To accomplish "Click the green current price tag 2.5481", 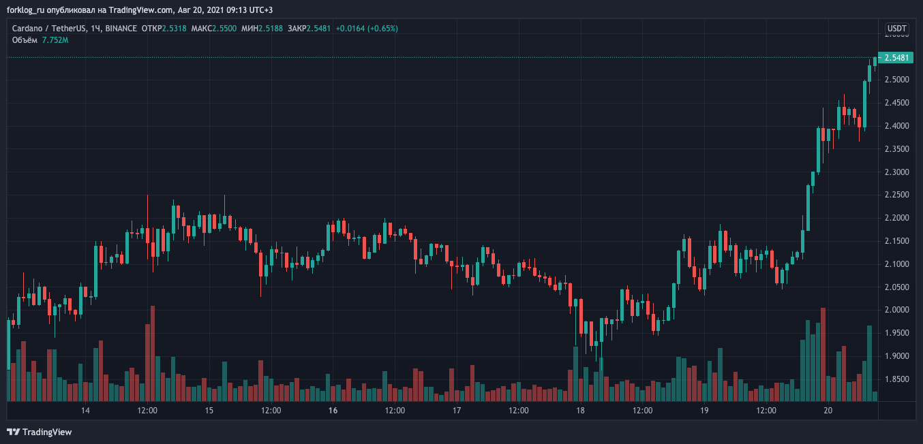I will point(896,58).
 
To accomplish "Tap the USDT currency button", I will point(896,29).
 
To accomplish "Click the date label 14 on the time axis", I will point(86,411).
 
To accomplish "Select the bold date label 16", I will point(333,411).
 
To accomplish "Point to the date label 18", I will point(581,411).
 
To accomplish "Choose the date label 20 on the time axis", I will point(828,411).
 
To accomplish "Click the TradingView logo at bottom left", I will point(39,432).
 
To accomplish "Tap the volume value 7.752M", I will point(55,40).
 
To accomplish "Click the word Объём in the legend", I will point(25,40).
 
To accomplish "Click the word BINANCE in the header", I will point(121,29).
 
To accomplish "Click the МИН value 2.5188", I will point(270,29).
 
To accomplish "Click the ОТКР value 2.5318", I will point(175,29).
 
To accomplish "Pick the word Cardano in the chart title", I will point(28,29).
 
